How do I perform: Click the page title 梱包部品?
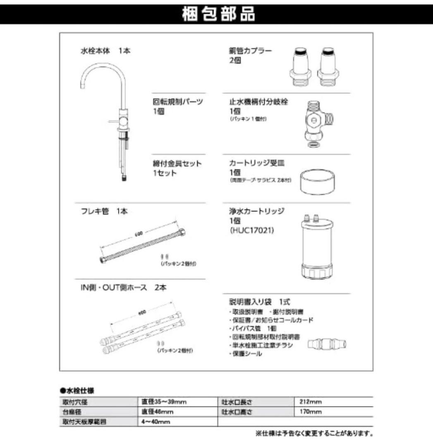218,14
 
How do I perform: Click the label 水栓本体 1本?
105,52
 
